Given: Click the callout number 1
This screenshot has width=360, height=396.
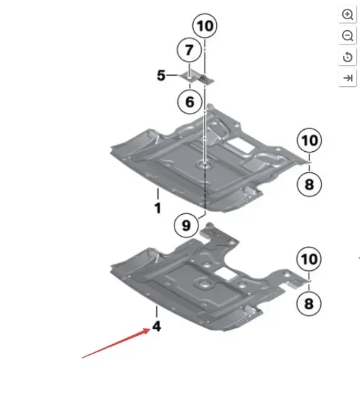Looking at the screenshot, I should pos(157,207).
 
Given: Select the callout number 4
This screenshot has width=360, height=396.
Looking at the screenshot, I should pos(157,328).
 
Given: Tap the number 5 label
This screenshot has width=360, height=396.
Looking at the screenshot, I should pos(161,75).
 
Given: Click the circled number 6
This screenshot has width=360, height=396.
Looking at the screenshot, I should pos(190,102).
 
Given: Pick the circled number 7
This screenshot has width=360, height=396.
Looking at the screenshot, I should pos(189,50).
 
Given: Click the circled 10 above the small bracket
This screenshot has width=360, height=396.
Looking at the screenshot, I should pos(205,27).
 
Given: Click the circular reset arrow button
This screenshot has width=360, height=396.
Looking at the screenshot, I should pos(347,57).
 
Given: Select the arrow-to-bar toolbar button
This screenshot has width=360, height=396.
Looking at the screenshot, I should pos(347,78).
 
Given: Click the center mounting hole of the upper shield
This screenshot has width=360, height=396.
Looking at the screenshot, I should pos(203,165).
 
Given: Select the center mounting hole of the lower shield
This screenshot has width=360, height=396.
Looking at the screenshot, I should pos(204,282).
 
